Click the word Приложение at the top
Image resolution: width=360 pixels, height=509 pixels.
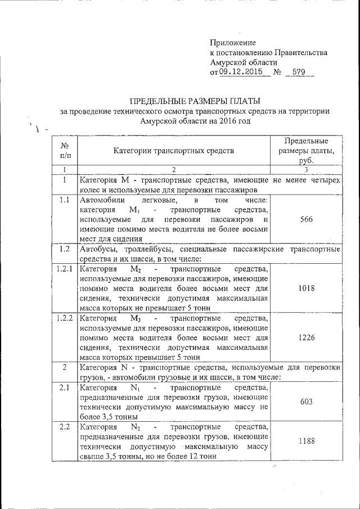coord(233,43)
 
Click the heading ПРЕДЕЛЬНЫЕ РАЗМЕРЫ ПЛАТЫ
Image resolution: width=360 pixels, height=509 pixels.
coord(195,101)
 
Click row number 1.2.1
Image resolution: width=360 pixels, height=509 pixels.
coord(65,268)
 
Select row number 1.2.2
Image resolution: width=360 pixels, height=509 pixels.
coord(65,318)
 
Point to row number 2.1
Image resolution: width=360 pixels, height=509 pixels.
coord(65,388)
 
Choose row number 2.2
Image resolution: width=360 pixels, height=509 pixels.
coord(65,428)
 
